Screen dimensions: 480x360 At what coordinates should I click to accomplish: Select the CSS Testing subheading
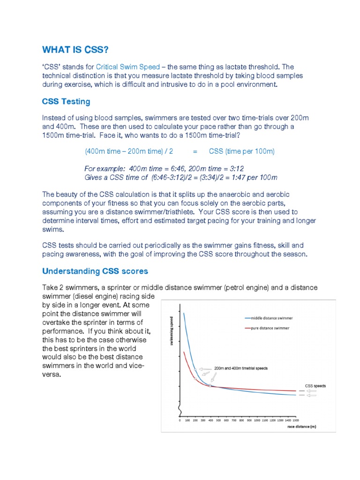click(x=66, y=101)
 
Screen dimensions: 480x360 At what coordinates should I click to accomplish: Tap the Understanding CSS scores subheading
click(x=95, y=271)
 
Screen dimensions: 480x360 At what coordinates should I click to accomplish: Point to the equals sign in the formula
click(x=195, y=151)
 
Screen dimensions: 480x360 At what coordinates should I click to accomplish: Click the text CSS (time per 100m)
click(x=242, y=151)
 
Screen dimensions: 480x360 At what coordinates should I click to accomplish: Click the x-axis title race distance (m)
click(x=302, y=427)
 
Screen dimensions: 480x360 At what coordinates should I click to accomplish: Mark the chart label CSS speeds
click(x=315, y=386)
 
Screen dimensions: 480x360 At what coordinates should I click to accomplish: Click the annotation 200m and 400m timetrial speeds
click(x=241, y=368)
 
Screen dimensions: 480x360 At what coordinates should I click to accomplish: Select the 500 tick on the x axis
click(x=218, y=420)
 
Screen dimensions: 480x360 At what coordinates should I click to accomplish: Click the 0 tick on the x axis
click(x=180, y=420)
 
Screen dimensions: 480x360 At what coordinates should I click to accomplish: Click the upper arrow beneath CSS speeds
click(x=311, y=390)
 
